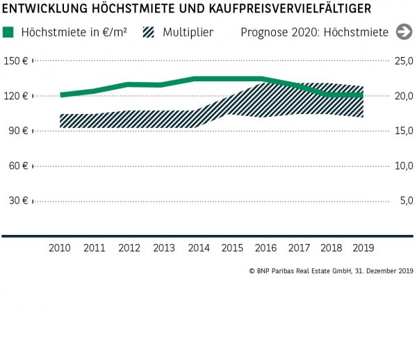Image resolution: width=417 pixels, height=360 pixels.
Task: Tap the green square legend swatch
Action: (8, 32)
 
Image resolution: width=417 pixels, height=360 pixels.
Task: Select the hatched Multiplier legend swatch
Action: (149, 32)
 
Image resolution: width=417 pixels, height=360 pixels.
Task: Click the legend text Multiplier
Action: (188, 32)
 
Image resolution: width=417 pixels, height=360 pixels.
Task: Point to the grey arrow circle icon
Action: (404, 32)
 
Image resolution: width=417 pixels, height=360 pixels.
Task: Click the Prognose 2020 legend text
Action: (315, 32)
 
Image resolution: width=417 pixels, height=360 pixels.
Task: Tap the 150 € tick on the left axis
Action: (15, 61)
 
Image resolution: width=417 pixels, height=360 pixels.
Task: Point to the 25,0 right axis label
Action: (404, 61)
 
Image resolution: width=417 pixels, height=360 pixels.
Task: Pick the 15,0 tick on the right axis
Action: (404, 131)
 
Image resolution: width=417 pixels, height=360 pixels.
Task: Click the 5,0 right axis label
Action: (406, 201)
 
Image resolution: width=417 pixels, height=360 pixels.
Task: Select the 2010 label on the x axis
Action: (60, 248)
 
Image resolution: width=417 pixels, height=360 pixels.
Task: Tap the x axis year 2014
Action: (198, 248)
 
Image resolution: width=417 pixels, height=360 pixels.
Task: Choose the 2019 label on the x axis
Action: (363, 248)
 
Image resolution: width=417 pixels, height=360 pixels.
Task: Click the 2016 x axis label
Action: (265, 248)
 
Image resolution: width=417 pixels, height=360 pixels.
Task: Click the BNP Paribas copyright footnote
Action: (331, 270)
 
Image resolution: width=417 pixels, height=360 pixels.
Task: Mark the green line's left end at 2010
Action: (62, 95)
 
